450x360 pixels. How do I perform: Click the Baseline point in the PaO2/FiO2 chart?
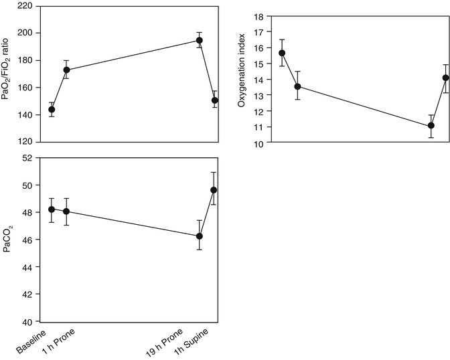click(52, 109)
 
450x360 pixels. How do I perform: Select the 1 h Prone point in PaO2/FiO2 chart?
click(66, 70)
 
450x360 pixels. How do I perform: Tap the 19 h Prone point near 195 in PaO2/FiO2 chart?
click(200, 40)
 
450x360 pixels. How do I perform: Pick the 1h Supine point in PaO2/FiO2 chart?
click(214, 100)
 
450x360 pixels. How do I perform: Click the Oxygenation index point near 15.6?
click(282, 53)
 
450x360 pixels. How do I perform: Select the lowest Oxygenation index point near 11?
click(431, 125)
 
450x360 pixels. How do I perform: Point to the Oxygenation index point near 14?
click(445, 78)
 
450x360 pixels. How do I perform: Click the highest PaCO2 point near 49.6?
click(214, 190)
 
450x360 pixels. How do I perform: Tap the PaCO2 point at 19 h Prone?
click(200, 236)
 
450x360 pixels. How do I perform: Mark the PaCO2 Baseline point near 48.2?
click(52, 209)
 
